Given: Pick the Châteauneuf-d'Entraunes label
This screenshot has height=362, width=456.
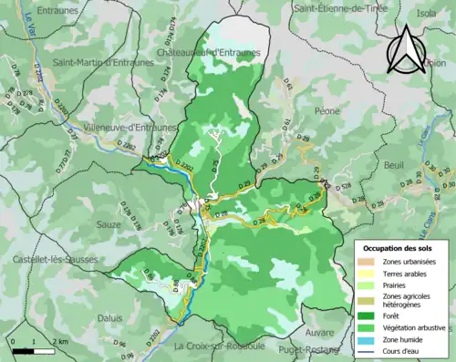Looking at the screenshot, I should point(209,53).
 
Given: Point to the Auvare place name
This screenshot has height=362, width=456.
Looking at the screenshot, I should point(320,331).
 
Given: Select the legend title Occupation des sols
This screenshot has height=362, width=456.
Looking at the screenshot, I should point(398,247).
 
